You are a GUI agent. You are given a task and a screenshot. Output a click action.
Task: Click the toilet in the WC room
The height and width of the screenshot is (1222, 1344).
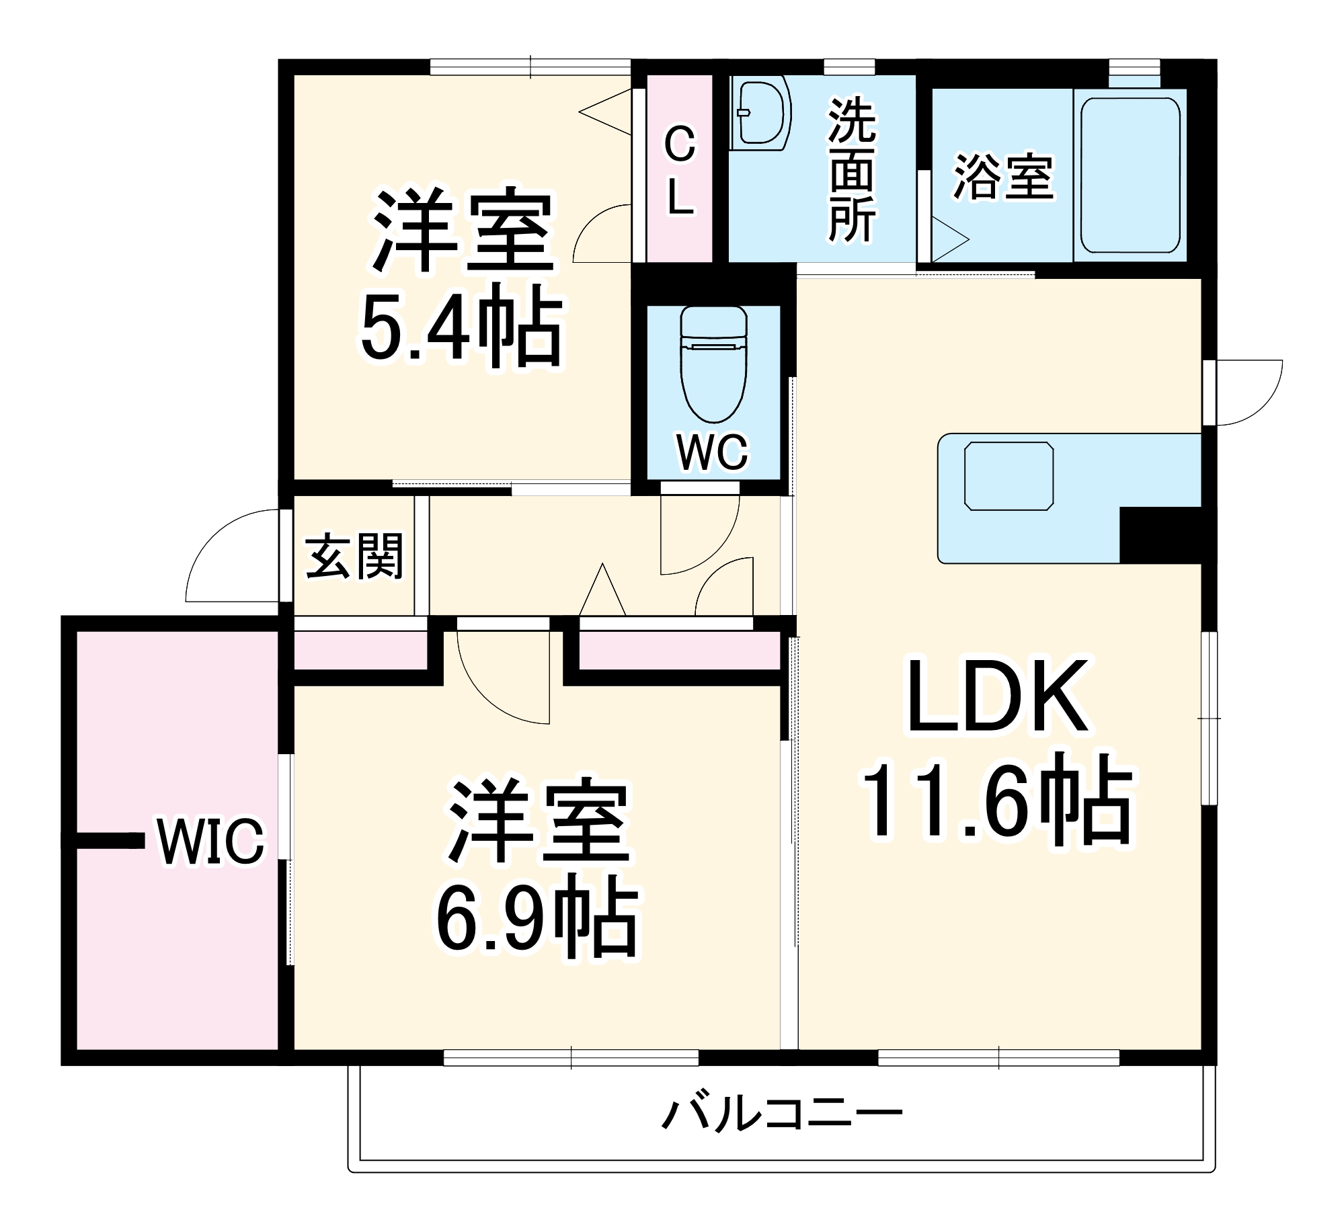point(713,366)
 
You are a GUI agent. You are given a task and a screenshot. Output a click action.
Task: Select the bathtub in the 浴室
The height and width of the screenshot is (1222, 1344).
point(1130,175)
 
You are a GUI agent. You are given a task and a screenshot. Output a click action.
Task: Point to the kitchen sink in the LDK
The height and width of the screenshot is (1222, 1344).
point(1009,476)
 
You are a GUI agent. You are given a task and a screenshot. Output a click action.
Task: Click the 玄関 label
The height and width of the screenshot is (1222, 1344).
point(354,557)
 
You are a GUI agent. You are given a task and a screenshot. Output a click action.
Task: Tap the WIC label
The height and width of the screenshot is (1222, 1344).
point(210,842)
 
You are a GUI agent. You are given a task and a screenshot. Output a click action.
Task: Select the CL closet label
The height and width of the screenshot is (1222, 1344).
point(680,171)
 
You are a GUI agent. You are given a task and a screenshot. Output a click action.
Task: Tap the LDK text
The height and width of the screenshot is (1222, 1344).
point(997,698)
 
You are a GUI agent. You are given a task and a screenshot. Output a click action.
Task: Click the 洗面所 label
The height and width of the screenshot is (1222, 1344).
point(852,171)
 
